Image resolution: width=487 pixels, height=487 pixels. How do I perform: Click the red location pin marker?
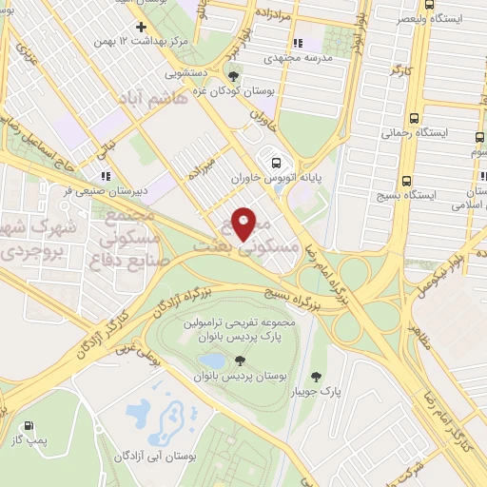point(243,224)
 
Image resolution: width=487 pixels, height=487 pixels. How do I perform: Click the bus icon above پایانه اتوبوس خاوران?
point(275,161)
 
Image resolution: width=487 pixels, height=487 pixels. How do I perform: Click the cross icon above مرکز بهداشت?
point(141,27)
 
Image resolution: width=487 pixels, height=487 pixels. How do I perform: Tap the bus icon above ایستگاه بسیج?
point(406,179)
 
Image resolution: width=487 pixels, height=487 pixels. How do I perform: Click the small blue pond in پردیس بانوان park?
point(214,361)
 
